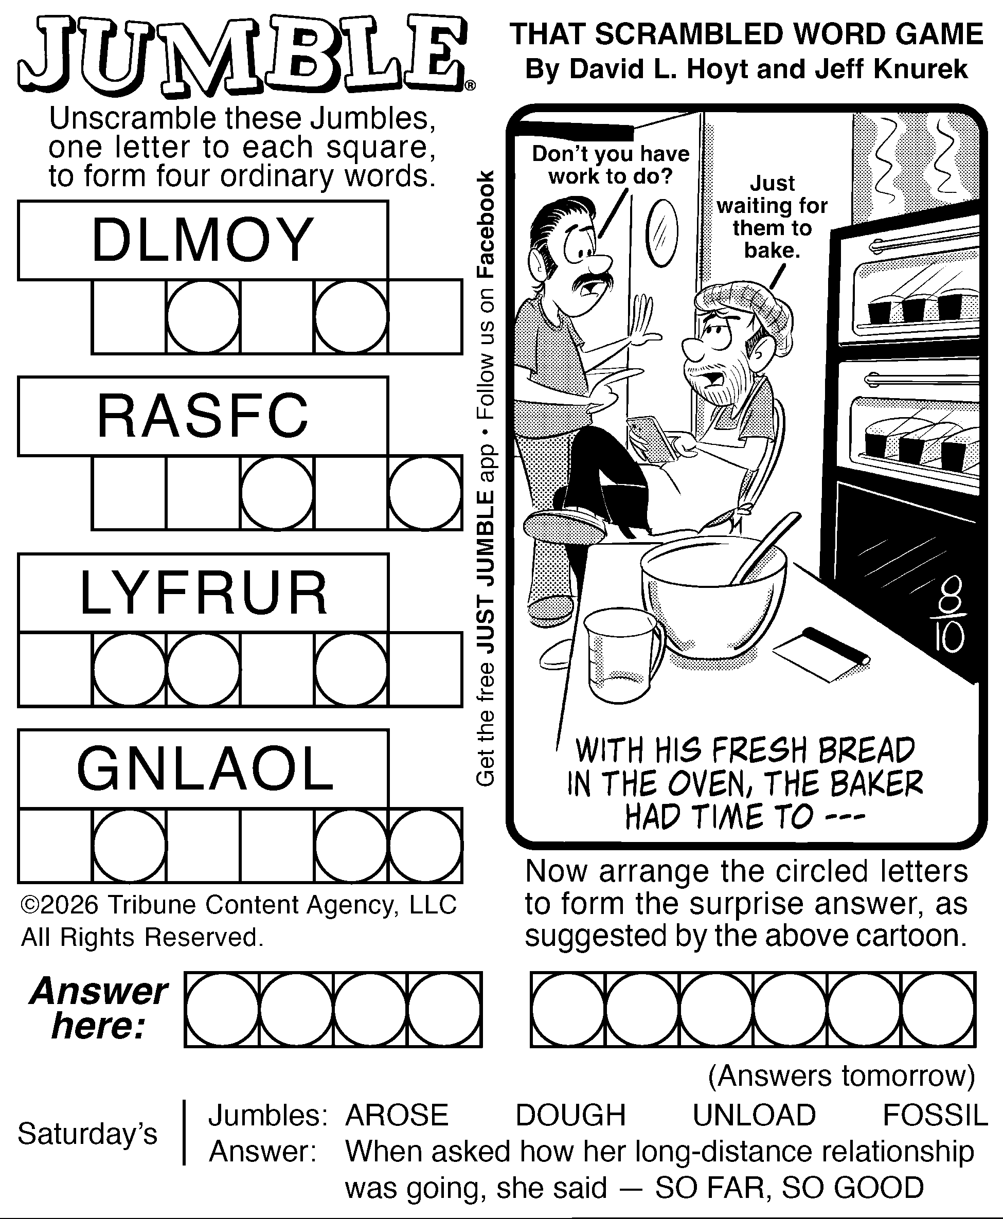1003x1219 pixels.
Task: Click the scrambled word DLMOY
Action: [x=203, y=240]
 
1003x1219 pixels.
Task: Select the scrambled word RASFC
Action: [x=203, y=416]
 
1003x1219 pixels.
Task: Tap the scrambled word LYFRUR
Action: [x=203, y=593]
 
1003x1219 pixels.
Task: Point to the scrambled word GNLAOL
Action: [x=205, y=769]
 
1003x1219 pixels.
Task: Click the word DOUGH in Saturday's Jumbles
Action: [x=570, y=1115]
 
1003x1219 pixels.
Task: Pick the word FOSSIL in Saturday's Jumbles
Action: [x=935, y=1115]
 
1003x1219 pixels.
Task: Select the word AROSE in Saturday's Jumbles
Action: [x=397, y=1115]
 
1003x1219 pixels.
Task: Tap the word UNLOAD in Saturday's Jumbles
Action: [x=754, y=1115]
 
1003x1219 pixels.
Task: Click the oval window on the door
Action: [x=661, y=233]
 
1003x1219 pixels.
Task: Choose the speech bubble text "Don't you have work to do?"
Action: [x=611, y=165]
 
